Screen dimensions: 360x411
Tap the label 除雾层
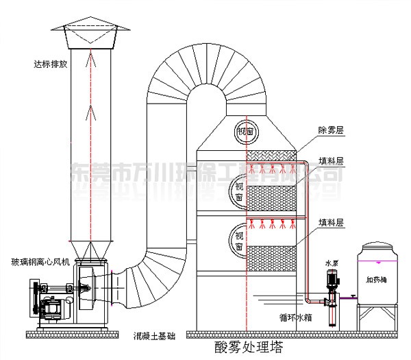(332, 129)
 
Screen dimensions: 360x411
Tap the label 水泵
(332, 261)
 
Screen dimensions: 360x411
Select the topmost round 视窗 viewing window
(245, 131)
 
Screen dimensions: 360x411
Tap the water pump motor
(334, 278)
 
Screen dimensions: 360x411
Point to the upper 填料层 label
(332, 162)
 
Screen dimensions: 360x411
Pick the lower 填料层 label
(332, 222)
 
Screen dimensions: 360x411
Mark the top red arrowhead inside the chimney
(90, 60)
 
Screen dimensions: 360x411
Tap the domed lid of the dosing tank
(376, 249)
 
